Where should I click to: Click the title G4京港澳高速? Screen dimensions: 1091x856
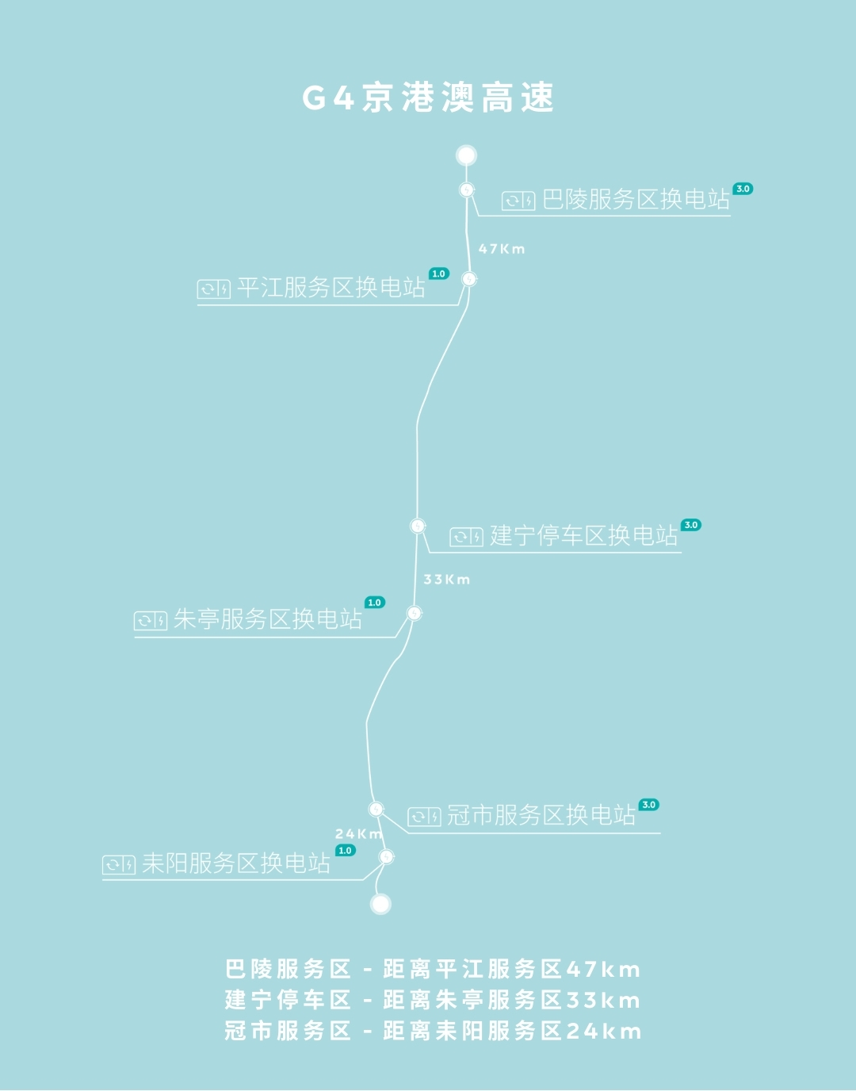tap(428, 98)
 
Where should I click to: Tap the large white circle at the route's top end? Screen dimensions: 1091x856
tap(466, 155)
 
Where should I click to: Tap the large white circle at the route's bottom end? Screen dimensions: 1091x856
tap(381, 904)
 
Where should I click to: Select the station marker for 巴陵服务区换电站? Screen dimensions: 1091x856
tap(467, 190)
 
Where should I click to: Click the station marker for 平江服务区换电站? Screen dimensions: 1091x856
tap(469, 279)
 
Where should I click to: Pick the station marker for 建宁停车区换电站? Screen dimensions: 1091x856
tap(418, 526)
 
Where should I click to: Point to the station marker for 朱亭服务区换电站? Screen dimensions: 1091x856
tap(414, 613)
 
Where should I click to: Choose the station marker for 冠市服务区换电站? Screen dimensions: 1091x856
tap(376, 809)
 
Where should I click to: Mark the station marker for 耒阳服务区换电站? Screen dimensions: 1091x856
tap(386, 856)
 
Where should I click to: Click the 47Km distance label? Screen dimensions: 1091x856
tap(502, 249)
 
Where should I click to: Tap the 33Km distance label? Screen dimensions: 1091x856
tap(446, 580)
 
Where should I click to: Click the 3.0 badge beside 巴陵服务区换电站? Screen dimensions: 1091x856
tap(743, 189)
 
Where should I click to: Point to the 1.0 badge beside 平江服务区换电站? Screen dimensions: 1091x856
tap(438, 274)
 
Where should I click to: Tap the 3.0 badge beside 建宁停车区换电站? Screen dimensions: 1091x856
tap(691, 525)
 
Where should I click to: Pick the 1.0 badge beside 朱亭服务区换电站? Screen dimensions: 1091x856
tap(375, 603)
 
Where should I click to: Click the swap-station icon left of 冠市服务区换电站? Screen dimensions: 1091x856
tap(424, 817)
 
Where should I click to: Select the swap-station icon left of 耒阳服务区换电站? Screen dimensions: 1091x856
tap(119, 865)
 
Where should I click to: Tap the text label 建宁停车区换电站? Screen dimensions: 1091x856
tap(584, 536)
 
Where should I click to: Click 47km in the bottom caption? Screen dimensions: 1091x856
tap(603, 970)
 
